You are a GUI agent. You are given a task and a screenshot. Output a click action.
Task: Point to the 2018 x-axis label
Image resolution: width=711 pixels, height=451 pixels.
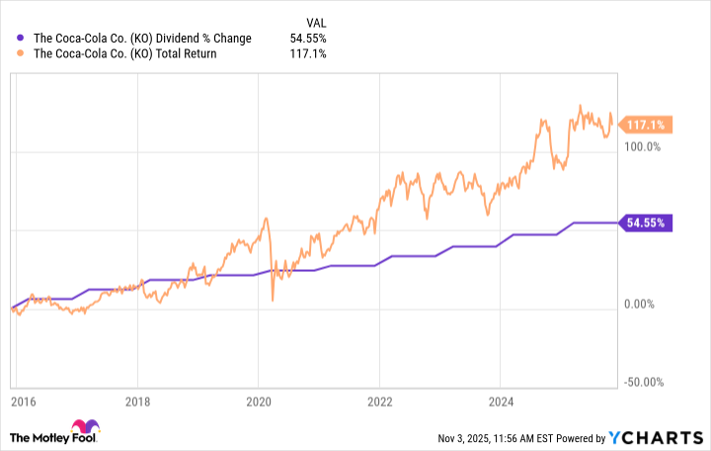[137, 403]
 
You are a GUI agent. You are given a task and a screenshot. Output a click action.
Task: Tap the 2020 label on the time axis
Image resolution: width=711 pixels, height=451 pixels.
[258, 403]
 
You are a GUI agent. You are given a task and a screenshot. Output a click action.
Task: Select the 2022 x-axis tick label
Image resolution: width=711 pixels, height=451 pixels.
[379, 403]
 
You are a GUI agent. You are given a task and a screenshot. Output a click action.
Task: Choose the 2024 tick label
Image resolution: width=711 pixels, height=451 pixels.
[500, 403]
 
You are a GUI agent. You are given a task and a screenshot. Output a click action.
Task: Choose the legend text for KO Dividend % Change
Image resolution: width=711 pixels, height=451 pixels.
[143, 39]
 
